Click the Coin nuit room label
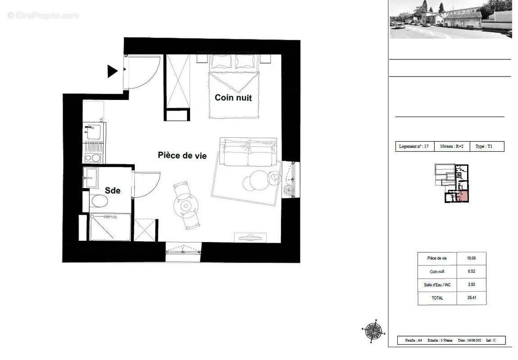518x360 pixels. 233,98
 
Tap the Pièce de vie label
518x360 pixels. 182,155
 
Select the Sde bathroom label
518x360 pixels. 113,191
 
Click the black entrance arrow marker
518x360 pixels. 112,71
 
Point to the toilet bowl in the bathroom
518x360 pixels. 99,201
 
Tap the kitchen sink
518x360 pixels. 93,132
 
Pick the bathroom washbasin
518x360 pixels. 90,178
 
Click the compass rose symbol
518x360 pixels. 373,331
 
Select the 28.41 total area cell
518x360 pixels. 471,298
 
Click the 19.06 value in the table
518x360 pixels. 471,258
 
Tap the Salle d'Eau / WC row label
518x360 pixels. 437,285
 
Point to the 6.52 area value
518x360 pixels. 471,271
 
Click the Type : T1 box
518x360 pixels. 486,147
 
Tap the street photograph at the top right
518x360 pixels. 450,19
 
